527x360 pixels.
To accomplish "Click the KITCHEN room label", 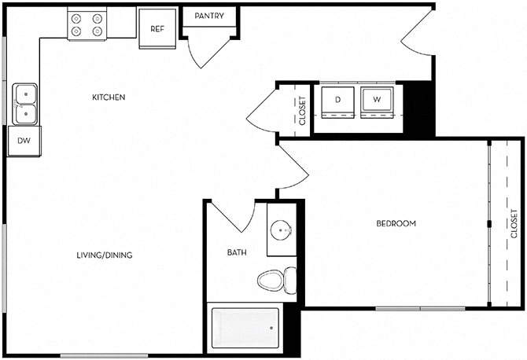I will [109, 97].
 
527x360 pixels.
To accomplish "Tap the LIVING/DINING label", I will [104, 255].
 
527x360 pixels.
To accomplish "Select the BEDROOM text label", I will [396, 224].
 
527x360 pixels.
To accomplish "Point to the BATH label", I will [237, 252].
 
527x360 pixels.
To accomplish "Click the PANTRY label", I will [209, 16].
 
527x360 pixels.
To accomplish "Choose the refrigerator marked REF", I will [157, 28].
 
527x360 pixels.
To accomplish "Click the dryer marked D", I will [337, 100].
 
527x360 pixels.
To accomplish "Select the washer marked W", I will [376, 100].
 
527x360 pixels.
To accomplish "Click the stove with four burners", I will [87, 24].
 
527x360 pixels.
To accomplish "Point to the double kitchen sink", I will [25, 104].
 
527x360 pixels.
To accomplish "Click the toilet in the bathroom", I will [277, 280].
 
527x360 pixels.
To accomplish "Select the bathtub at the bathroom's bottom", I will [245, 328].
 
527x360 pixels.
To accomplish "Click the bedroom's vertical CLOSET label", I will [514, 224].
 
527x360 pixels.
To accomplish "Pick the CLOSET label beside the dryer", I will [302, 110].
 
